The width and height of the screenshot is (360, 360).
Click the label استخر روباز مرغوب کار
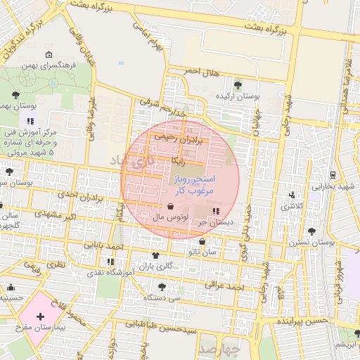coord(194,185)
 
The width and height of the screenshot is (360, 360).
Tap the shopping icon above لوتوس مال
coord(172,207)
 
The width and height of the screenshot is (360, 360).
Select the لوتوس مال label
coord(169,219)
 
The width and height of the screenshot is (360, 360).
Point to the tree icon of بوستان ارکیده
coord(238,84)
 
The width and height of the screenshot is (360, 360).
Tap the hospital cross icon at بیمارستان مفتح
coord(40,316)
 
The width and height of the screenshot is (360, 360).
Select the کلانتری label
coord(292,207)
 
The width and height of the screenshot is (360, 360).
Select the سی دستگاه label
coord(160,298)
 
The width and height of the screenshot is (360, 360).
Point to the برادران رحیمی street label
coord(183,138)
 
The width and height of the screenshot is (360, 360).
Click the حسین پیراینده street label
coord(302,321)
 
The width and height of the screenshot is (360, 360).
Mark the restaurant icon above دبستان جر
coord(215,211)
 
